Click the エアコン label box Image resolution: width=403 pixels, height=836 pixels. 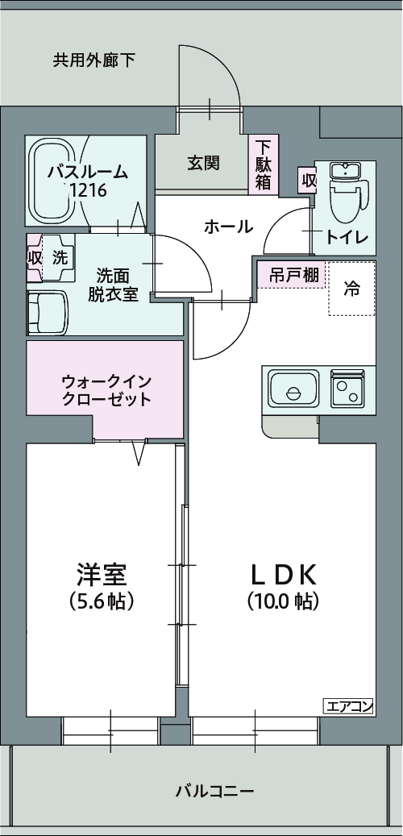point(349,707)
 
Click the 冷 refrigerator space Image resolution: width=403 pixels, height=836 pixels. point(351,289)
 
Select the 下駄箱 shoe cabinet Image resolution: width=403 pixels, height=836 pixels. point(263,164)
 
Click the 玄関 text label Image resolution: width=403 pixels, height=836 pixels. point(203,163)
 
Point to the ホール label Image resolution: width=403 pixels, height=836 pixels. point(229,227)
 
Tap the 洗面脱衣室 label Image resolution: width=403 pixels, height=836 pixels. point(113,285)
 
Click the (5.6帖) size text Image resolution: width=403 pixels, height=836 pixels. point(101,601)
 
